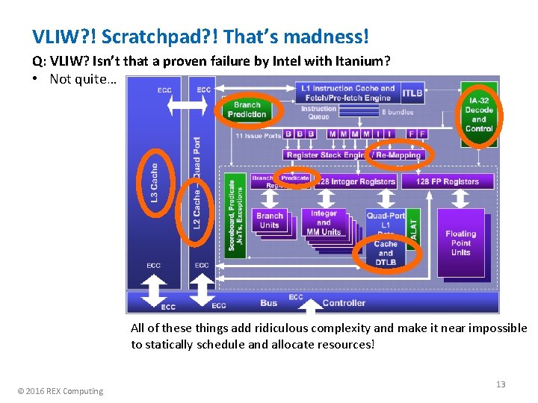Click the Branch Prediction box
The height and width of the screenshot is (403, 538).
[x=247, y=110]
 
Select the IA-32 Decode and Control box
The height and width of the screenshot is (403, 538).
[x=479, y=114]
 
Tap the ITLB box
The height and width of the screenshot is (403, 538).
[x=412, y=93]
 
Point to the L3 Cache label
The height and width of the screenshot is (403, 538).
[x=155, y=182]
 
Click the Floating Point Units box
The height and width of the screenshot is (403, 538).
[x=461, y=243]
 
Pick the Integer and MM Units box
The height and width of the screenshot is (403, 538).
[x=324, y=222]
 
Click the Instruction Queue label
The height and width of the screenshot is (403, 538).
[x=319, y=113]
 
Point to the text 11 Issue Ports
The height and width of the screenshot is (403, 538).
[x=259, y=136]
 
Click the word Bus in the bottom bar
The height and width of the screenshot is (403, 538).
[x=269, y=303]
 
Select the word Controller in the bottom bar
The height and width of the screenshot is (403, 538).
[x=344, y=303]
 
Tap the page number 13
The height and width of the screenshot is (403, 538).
[x=501, y=384]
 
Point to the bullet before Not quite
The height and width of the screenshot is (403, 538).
[x=36, y=79]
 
